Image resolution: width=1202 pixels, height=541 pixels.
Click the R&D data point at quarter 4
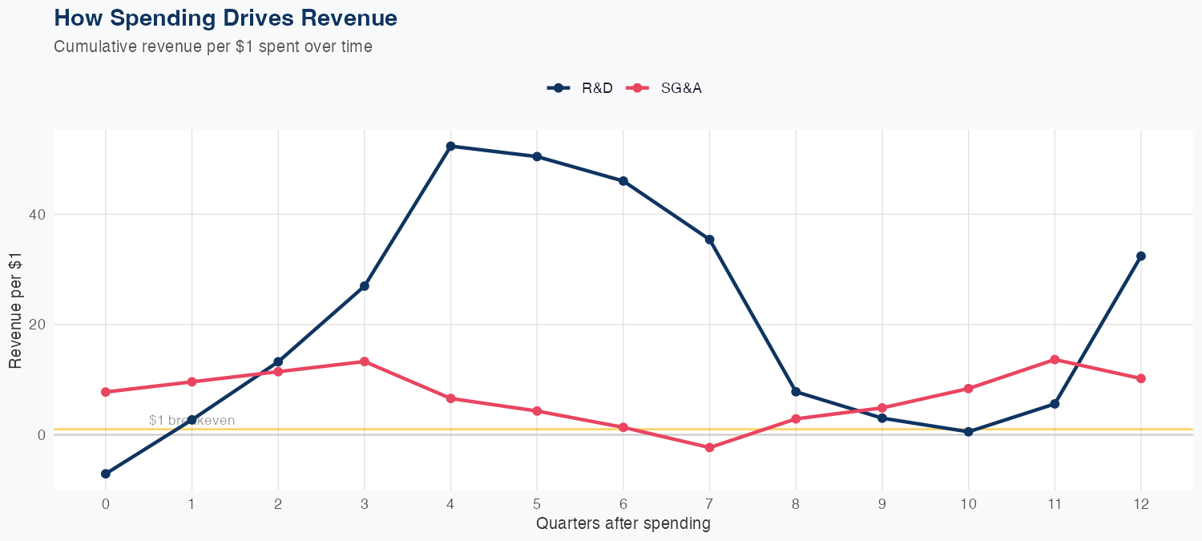click(x=450, y=146)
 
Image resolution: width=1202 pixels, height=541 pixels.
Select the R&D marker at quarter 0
click(x=106, y=474)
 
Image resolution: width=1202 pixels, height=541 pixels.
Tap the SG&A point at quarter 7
click(x=709, y=447)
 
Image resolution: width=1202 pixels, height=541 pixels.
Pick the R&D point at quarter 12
click(x=1140, y=256)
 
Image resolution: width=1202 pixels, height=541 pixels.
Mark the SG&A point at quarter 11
click(x=1055, y=360)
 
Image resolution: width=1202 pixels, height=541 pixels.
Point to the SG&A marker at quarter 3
click(x=365, y=361)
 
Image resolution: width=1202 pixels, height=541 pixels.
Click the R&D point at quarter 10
click(x=968, y=431)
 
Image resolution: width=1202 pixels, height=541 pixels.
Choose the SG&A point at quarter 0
click(x=106, y=392)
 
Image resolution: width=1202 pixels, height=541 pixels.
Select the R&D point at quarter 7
click(x=709, y=240)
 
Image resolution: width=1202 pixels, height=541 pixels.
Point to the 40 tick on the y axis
click(x=39, y=215)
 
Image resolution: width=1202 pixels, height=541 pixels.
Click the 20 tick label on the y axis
click(x=39, y=325)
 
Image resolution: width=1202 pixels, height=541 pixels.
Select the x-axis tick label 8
click(x=796, y=504)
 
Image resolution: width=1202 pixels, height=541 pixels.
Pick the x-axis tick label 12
click(x=1140, y=504)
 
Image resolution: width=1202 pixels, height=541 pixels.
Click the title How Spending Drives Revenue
click(x=225, y=18)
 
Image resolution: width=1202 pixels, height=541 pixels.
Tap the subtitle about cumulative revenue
click(x=213, y=46)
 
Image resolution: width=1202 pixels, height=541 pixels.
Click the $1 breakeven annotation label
click(x=192, y=420)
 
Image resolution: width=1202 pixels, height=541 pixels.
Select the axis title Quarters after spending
click(x=623, y=524)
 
